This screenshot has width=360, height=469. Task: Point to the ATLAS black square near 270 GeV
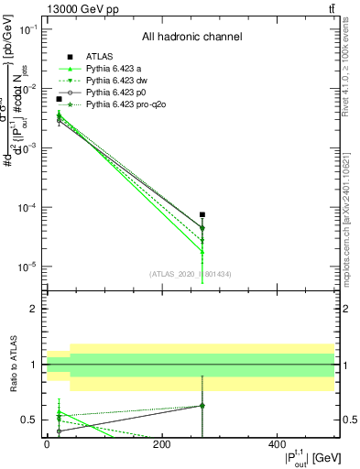pyautogui.click(x=202, y=214)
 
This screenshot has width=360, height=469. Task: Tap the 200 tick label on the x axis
pyautogui.click(x=162, y=444)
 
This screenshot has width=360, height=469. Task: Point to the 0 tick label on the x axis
pyautogui.click(x=47, y=444)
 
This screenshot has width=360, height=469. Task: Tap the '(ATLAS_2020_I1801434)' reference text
pyautogui.click(x=191, y=274)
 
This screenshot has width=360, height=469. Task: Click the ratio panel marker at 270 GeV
pyautogui.click(x=202, y=405)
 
